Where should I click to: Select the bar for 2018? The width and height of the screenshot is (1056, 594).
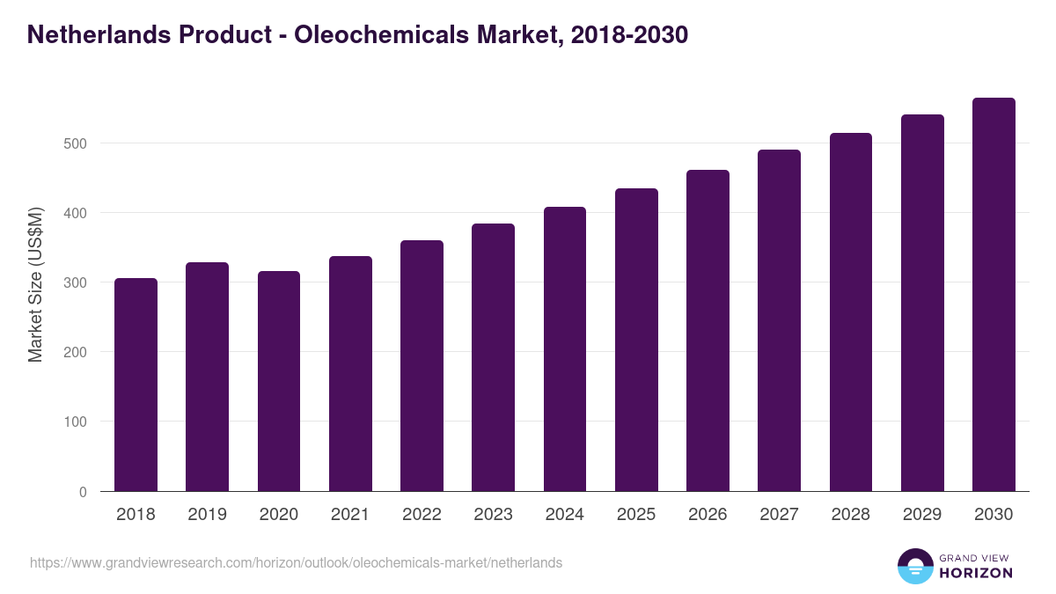click(x=136, y=385)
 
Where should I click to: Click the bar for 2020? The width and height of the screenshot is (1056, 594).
click(x=279, y=381)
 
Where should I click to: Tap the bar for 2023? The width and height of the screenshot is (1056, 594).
click(x=493, y=357)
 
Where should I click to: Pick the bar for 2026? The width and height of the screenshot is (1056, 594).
click(x=708, y=330)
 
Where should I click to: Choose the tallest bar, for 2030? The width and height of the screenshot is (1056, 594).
click(x=994, y=294)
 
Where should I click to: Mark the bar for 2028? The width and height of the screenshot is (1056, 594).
click(x=850, y=312)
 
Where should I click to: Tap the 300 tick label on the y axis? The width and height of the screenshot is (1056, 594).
click(x=76, y=282)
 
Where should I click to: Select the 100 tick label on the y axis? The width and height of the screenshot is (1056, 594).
click(x=76, y=422)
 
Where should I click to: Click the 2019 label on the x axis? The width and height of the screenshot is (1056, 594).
click(x=207, y=515)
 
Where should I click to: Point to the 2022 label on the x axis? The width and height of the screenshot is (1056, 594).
click(x=422, y=515)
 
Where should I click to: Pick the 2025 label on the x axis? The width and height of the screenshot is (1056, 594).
click(x=636, y=515)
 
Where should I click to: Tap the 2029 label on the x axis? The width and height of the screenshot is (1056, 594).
click(x=922, y=515)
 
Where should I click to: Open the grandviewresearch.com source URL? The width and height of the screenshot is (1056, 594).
click(x=296, y=562)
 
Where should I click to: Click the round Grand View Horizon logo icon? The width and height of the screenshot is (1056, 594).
click(x=914, y=566)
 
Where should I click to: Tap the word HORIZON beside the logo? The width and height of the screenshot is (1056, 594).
click(x=975, y=573)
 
